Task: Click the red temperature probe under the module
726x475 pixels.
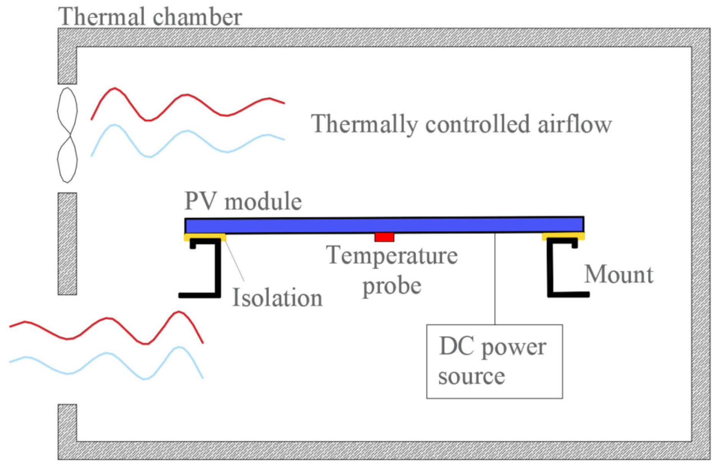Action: point(384,237)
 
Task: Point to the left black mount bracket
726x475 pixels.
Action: point(218,269)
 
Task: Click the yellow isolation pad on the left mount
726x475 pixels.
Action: point(205,237)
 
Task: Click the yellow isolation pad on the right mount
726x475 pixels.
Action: point(563,236)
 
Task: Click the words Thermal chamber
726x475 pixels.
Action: point(150,17)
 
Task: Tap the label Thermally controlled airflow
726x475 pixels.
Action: point(461,124)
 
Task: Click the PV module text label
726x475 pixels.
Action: point(243,201)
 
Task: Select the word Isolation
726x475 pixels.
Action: point(277,298)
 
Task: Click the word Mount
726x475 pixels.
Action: point(619,275)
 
